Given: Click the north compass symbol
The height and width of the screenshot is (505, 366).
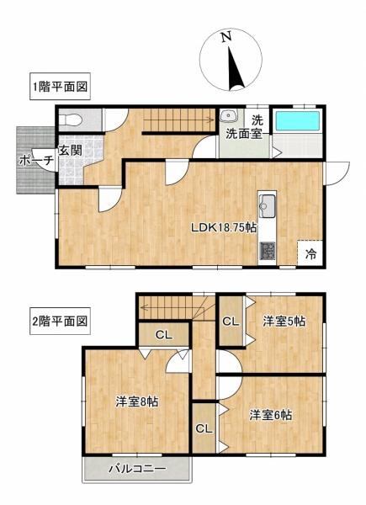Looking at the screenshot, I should (x=229, y=59).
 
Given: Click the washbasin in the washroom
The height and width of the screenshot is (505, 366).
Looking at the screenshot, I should (x=226, y=116).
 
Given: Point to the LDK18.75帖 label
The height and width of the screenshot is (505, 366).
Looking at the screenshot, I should (x=224, y=227).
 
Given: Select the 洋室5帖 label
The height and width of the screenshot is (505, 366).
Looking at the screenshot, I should (x=282, y=321).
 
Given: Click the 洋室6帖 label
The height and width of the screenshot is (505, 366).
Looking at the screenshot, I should (x=271, y=414).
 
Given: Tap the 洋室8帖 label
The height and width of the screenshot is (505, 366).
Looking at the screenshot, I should (x=136, y=401).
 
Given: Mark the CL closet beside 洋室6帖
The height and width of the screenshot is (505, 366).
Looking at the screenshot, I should (x=204, y=428).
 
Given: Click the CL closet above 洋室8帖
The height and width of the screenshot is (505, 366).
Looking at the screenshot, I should (x=164, y=335).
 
